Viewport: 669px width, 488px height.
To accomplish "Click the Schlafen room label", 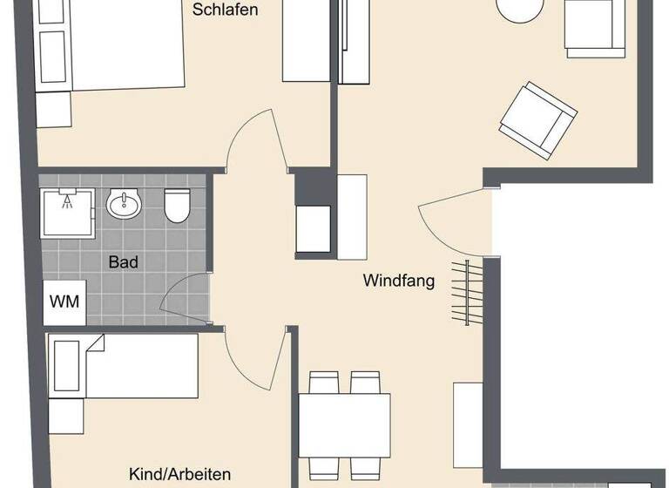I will [x=225, y=10].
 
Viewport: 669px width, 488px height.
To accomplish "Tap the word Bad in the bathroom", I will [x=124, y=261].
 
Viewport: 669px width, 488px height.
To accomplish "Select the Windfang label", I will [x=399, y=281].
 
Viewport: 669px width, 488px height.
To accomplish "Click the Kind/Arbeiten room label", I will [x=179, y=474].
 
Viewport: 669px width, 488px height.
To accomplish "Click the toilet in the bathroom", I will [x=178, y=206].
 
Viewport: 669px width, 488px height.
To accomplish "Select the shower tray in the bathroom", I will [x=67, y=212].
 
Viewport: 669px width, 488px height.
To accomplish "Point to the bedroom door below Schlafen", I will [x=253, y=139].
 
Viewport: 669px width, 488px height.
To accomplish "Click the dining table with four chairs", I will [x=345, y=425].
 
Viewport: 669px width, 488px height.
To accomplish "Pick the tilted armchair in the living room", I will [x=537, y=122].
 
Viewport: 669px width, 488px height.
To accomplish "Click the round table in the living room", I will [x=520, y=10].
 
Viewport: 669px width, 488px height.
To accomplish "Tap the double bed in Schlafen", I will [x=109, y=44].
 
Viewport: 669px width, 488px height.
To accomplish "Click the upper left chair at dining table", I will [x=325, y=384].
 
